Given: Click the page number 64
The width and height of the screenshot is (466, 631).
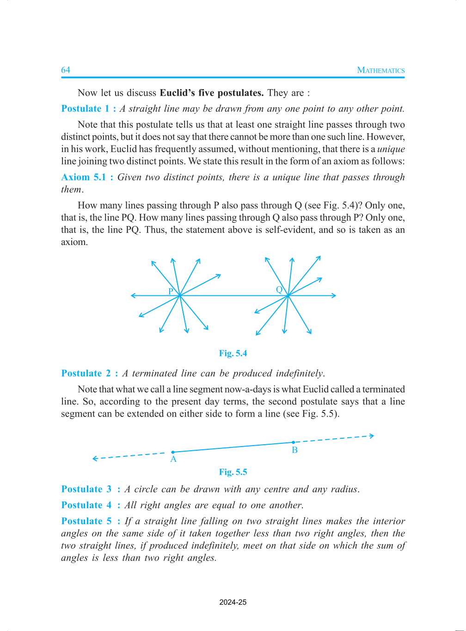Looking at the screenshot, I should click(x=66, y=70).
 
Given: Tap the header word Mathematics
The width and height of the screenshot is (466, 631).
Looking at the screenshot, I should click(x=380, y=70).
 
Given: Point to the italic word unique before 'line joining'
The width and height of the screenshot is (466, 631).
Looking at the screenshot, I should click(x=391, y=149).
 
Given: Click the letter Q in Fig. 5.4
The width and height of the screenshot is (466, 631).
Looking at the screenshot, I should click(x=279, y=289).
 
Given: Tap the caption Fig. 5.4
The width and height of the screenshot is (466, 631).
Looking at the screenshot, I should click(x=233, y=353).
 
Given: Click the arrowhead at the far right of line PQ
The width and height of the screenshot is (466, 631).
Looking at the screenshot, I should click(x=334, y=295).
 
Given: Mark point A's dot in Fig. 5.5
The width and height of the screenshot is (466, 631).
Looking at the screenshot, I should click(x=173, y=452).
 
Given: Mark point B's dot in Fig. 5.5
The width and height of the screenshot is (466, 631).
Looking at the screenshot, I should click(x=293, y=442).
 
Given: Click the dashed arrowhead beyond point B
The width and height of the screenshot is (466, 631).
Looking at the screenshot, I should click(x=372, y=435).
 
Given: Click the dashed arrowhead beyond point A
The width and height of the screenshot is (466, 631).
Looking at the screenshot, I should click(x=95, y=459).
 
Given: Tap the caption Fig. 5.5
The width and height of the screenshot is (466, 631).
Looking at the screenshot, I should click(x=233, y=472).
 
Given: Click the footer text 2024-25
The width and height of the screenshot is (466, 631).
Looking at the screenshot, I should click(x=233, y=602).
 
